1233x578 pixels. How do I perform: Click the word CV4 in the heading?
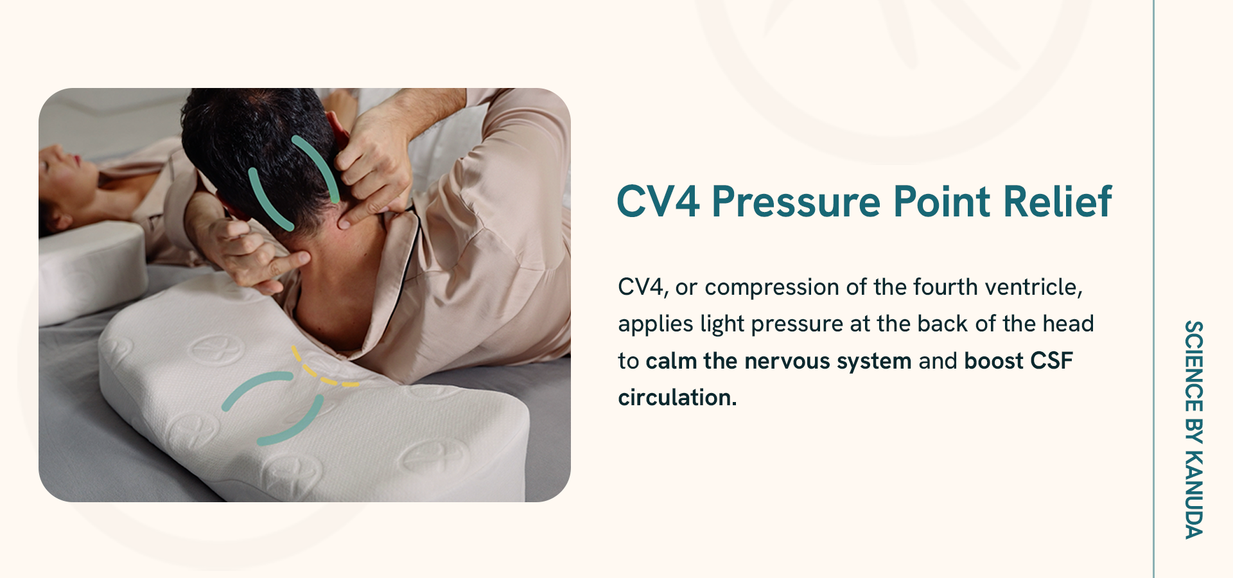pos(658,202)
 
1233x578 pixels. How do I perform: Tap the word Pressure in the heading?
pos(796,202)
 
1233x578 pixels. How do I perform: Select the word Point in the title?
pos(942,202)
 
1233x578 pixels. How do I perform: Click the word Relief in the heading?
pos(1058,202)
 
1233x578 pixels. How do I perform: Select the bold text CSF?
pos(1051,361)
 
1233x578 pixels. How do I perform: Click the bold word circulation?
pos(678,398)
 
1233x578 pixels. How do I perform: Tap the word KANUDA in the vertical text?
pos(1194,495)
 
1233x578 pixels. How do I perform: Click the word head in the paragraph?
pos(1068,324)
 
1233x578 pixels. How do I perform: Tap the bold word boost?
pos(993,361)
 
